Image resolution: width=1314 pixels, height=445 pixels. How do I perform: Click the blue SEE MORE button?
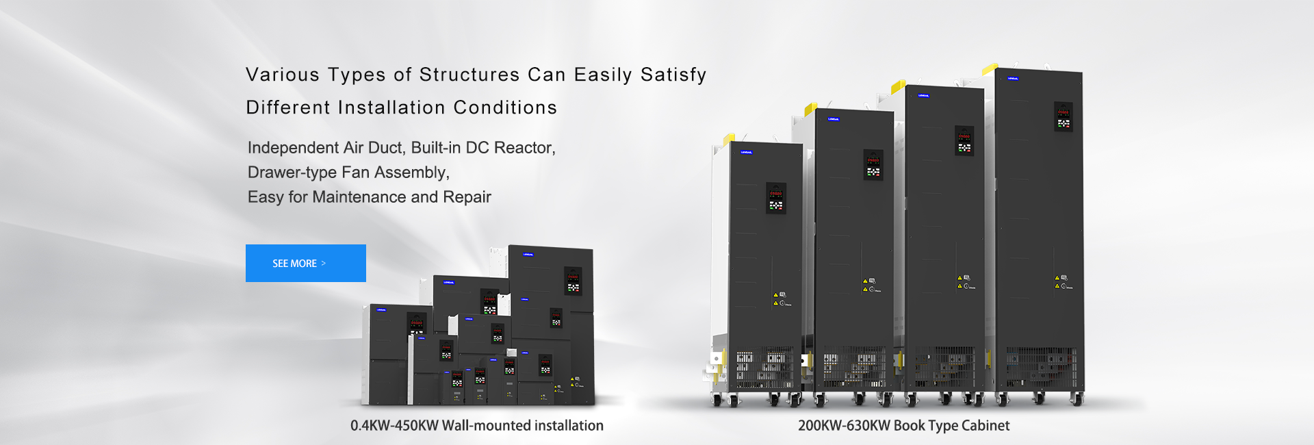305,263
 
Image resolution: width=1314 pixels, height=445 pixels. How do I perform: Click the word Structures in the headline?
469,75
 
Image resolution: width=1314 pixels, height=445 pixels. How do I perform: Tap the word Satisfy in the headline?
673,75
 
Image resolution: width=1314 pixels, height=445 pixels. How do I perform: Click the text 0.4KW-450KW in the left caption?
394,426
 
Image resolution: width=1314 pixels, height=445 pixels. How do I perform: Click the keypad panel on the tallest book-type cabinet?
1063,116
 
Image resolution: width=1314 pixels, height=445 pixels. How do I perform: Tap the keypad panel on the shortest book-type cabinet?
775,198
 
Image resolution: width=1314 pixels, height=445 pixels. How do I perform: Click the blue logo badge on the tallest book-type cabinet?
1012,79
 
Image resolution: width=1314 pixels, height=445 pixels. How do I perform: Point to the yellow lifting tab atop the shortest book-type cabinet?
729,138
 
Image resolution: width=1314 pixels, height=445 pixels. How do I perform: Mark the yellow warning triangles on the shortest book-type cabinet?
776,299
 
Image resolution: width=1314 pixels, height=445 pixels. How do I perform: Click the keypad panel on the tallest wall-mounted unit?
573,281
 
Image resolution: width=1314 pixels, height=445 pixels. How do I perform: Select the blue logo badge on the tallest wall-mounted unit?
528,255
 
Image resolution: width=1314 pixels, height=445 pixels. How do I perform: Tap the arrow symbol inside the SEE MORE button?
324,263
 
